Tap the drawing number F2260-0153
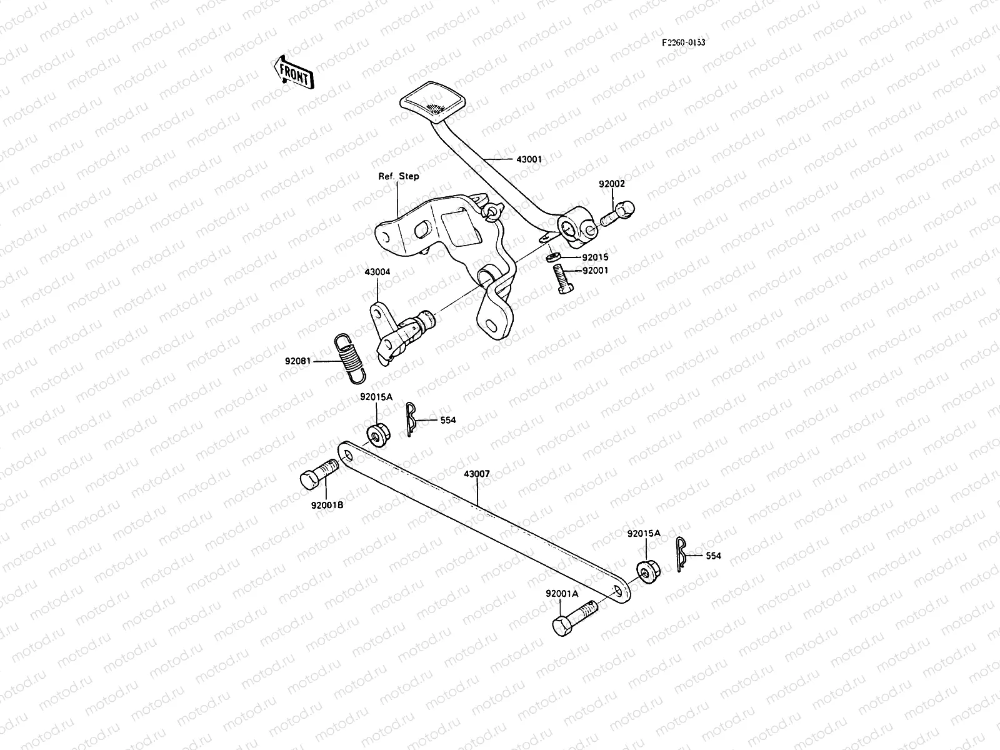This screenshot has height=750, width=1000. tap(684, 42)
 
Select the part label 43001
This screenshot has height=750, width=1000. tap(529, 159)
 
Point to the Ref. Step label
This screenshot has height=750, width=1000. tap(399, 176)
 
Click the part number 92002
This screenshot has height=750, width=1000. tap(611, 184)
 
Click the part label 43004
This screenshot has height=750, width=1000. tap(377, 272)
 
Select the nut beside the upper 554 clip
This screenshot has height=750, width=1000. tap(376, 433)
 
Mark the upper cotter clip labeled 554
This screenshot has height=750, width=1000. tap(410, 419)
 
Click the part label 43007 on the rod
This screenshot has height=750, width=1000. tap(476, 474)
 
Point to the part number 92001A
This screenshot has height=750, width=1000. tap(561, 594)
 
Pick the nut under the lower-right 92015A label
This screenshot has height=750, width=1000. tap(647, 572)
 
